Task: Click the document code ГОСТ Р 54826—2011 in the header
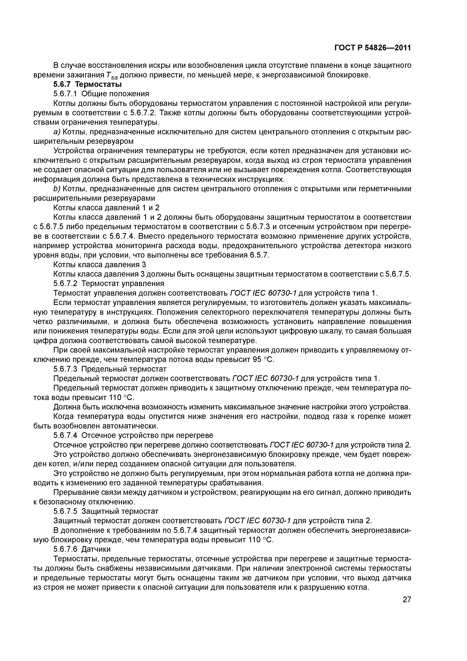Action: point(373,48)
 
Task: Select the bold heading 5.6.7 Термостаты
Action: point(88,85)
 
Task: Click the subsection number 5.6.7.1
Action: point(65,94)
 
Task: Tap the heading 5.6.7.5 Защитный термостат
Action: point(106,511)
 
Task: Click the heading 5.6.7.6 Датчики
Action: point(82,549)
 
